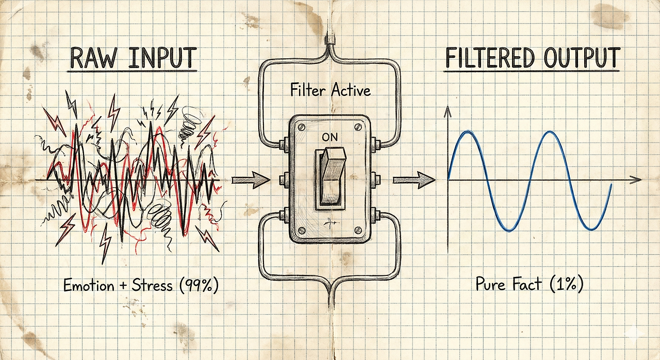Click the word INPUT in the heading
(x=161, y=58)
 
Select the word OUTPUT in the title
(x=580, y=58)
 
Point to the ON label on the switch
(x=331, y=138)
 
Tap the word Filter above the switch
(x=307, y=91)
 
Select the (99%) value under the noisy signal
(x=198, y=284)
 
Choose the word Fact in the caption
(x=526, y=285)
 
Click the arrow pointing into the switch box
(x=251, y=180)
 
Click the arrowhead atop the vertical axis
(x=448, y=109)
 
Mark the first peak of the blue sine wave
(x=468, y=133)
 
